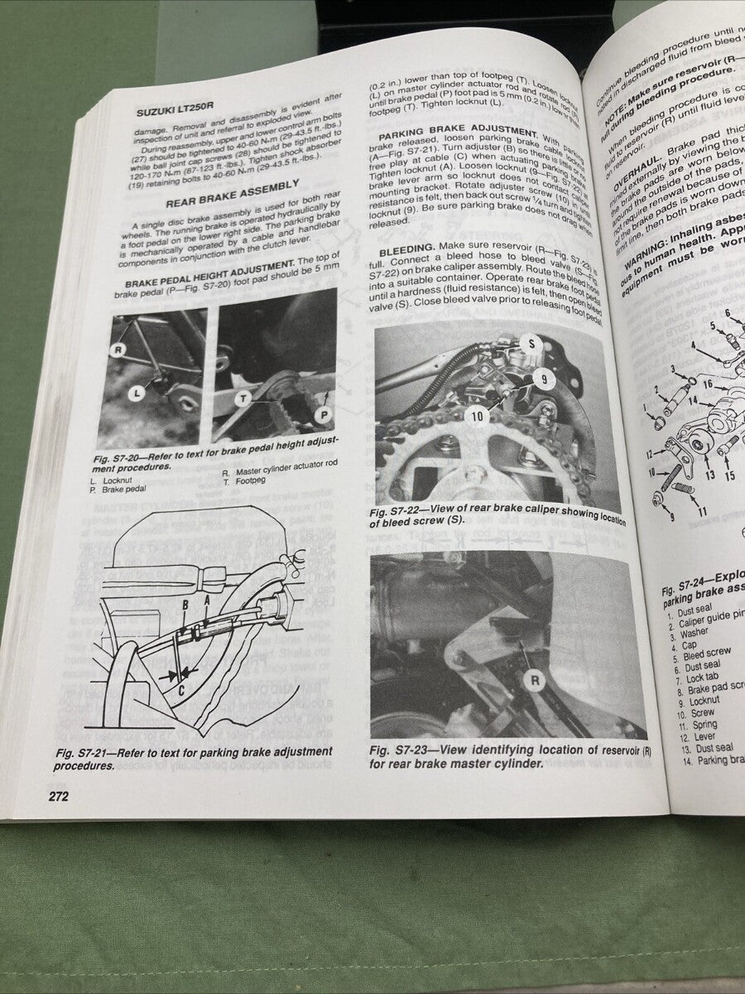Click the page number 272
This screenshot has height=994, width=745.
(51, 796)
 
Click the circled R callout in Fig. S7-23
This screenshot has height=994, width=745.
(535, 681)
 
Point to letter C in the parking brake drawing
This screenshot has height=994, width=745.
(181, 686)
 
